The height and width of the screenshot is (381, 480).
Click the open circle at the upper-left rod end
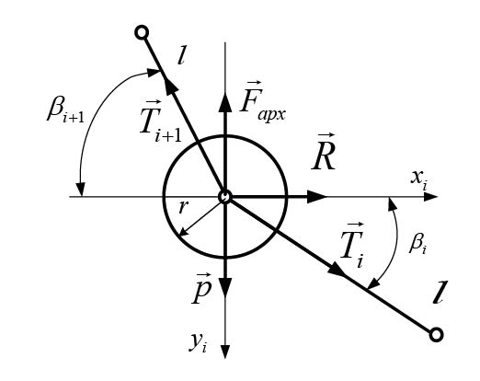pos(142,32)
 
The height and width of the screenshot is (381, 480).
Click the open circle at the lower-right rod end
pos(436,335)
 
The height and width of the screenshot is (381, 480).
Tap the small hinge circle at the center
pos(225,197)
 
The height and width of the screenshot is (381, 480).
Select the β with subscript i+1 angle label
pos(65,111)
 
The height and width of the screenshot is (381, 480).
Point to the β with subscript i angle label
pos(417,245)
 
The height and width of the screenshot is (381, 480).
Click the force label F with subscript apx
pos(263,101)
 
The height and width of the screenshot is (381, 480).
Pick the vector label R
pos(324,152)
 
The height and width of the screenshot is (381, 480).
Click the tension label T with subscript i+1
pos(161,121)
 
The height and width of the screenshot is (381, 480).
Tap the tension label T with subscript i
pos(352,246)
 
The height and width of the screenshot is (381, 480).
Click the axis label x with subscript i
pos(418,180)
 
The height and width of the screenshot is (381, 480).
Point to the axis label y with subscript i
pos(198,343)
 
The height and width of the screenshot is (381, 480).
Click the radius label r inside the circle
pos(182,207)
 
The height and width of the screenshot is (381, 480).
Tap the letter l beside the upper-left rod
pos(181,55)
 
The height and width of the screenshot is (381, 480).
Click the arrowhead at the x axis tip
pos(430,197)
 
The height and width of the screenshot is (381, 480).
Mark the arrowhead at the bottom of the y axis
pos(225,352)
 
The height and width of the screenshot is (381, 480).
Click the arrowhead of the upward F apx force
pos(225,103)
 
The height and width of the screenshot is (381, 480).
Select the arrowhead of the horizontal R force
pos(317,197)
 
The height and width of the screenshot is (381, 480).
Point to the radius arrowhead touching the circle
pos(183,232)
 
